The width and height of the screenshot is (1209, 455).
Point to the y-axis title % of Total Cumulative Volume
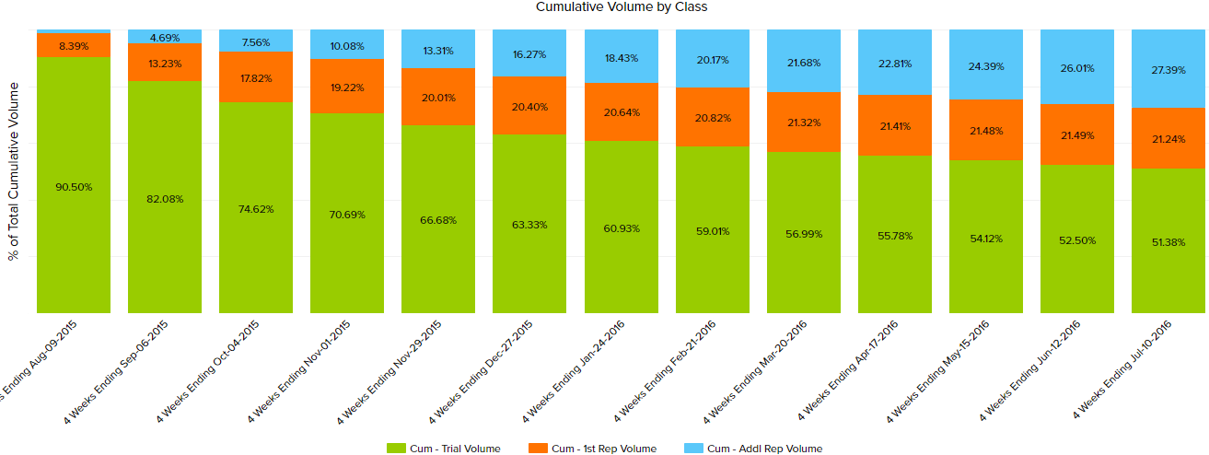coord(13,171)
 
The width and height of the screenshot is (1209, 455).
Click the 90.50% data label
coord(74,187)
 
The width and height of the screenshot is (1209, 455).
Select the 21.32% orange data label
coord(803,122)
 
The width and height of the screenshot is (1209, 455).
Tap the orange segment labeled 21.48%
coord(986,130)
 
